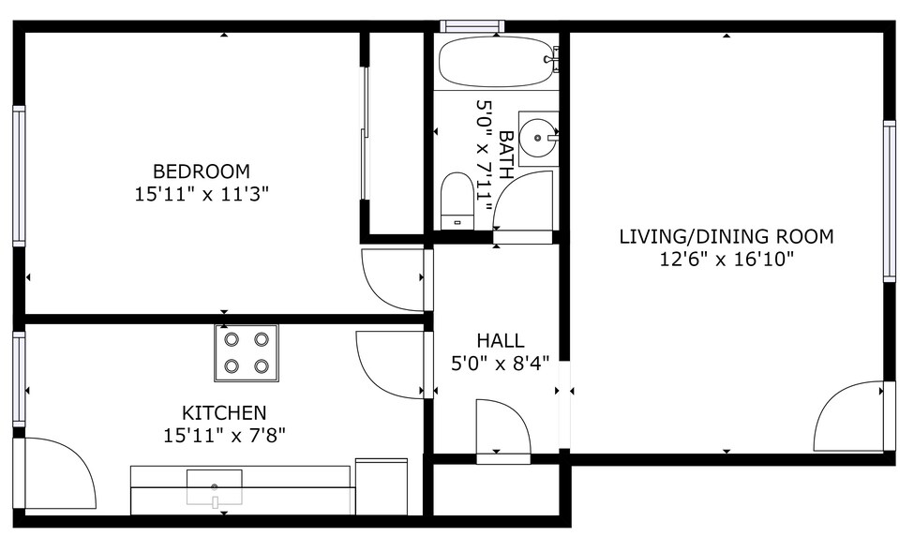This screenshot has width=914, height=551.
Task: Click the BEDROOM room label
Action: (202, 171)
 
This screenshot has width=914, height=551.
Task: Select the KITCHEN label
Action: (223, 412)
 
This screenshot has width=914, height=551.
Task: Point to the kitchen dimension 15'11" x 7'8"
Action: (223, 435)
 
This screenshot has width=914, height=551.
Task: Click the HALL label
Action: (501, 340)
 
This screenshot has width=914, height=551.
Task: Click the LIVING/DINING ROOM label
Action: (727, 236)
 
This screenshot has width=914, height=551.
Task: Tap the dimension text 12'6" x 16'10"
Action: (727, 259)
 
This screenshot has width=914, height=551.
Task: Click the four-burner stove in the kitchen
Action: (247, 353)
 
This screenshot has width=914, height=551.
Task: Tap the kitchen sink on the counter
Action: (215, 487)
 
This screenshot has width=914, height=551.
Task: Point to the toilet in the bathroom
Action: (457, 200)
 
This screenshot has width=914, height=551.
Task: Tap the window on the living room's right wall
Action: (889, 201)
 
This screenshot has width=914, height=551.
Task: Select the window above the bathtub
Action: (472, 25)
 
